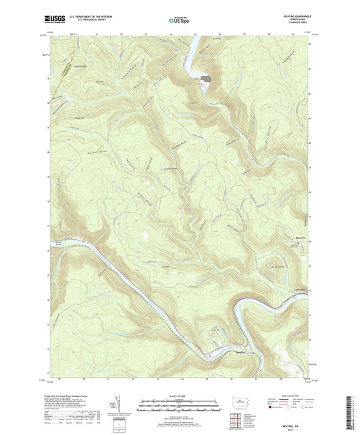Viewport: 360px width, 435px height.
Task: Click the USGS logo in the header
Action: [x=52, y=20]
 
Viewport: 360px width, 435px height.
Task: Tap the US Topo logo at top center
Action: [x=180, y=20]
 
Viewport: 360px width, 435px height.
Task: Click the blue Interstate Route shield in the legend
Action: [x=272, y=408]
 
